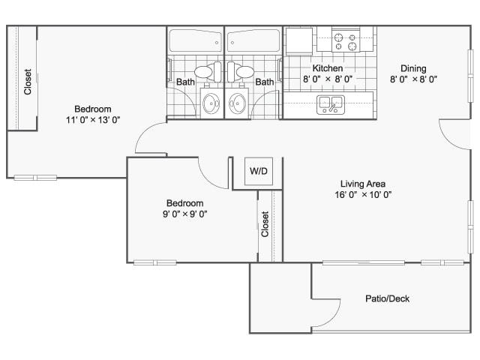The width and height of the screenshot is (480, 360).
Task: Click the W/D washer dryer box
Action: pyautogui.click(x=259, y=171)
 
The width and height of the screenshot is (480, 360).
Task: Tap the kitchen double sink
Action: pyautogui.click(x=331, y=105)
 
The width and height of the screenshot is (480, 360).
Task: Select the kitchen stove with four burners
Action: pyautogui.click(x=346, y=42)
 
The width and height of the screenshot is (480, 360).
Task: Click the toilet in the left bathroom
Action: pyautogui.click(x=208, y=72)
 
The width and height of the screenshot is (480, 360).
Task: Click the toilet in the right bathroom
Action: pyautogui.click(x=241, y=72)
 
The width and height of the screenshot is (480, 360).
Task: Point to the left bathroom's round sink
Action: pyautogui.click(x=211, y=103)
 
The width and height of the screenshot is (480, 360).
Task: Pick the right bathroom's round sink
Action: pyautogui.click(x=238, y=103)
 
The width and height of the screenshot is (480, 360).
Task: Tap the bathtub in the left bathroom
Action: pyautogui.click(x=195, y=40)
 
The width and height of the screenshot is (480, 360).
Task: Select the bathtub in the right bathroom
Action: pyautogui.click(x=253, y=40)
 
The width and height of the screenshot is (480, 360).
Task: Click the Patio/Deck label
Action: pyautogui.click(x=387, y=298)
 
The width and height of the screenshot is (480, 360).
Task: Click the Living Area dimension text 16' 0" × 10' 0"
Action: pyautogui.click(x=363, y=195)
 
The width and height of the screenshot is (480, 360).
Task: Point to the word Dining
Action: pyautogui.click(x=413, y=68)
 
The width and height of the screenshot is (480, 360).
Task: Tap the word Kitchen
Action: pyautogui.click(x=327, y=68)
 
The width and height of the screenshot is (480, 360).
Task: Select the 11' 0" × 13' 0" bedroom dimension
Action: pyautogui.click(x=93, y=120)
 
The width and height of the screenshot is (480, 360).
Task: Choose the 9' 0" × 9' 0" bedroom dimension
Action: pyautogui.click(x=185, y=214)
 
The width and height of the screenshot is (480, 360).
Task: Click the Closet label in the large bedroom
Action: pyautogui.click(x=28, y=82)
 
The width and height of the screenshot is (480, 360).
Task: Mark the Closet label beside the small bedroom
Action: pyautogui.click(x=265, y=224)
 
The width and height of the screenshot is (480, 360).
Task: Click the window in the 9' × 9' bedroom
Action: pyautogui.click(x=155, y=262)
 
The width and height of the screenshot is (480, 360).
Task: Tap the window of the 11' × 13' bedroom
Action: pyautogui.click(x=35, y=178)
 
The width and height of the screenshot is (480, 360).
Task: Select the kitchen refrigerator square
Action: pyautogui.click(x=299, y=41)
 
